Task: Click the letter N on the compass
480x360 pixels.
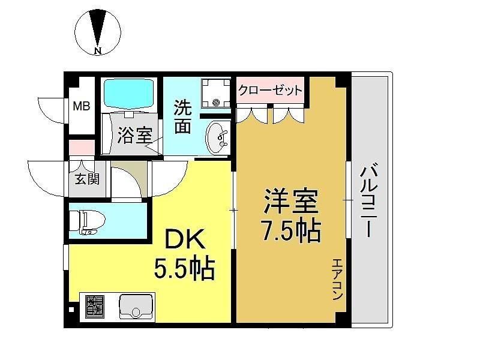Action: [x=98, y=51]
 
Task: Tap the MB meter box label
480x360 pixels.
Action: [x=82, y=106]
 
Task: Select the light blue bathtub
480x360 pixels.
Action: [x=128, y=94]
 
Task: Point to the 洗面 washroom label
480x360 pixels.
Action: [x=183, y=116]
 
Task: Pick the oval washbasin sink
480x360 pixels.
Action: [x=218, y=138]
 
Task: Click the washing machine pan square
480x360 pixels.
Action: [x=216, y=93]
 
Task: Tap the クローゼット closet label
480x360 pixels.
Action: [x=270, y=90]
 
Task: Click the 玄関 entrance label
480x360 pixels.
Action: [x=87, y=179]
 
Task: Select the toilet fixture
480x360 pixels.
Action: [x=87, y=221]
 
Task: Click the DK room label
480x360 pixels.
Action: [x=185, y=239]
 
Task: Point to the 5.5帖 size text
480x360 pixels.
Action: [x=185, y=268]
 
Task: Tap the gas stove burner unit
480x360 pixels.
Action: [x=95, y=307]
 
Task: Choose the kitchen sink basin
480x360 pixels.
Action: [x=136, y=307]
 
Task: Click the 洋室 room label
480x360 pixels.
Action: [x=291, y=201]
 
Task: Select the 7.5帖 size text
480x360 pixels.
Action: [x=290, y=230]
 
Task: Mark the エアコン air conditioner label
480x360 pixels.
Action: [x=337, y=279]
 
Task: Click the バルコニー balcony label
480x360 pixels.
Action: [x=369, y=202]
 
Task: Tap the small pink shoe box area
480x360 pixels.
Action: [x=82, y=148]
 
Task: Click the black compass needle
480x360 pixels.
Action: [x=98, y=28]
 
